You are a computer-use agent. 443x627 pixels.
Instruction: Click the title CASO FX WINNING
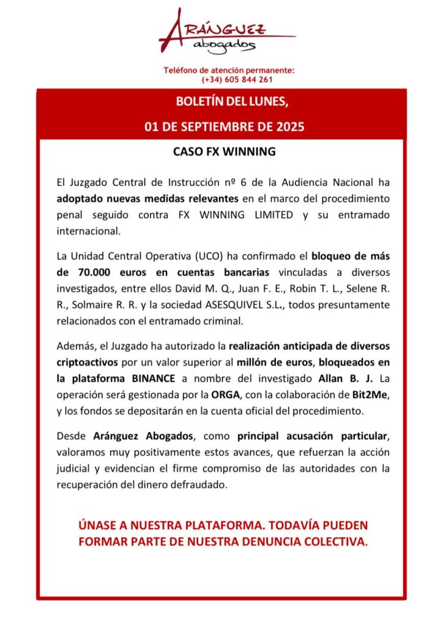221,151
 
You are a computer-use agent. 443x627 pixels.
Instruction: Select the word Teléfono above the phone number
182,70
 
